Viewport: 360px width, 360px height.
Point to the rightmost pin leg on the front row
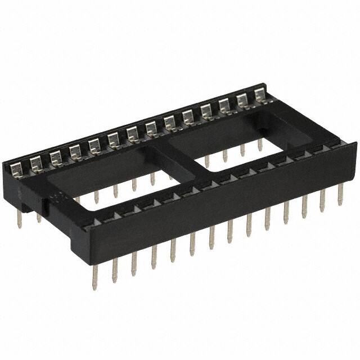(340, 194)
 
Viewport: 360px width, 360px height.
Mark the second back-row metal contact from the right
(242, 101)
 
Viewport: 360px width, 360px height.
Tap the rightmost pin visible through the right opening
(260, 145)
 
